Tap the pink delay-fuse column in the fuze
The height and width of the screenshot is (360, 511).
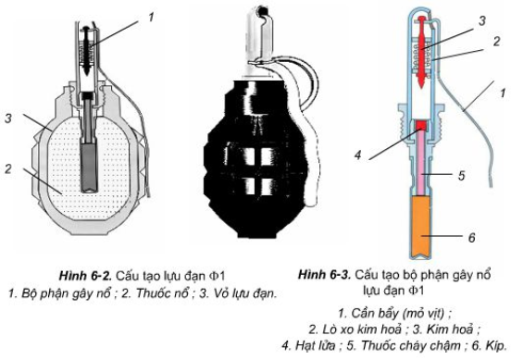(x=422, y=171)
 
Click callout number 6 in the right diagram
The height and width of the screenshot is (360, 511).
(x=470, y=238)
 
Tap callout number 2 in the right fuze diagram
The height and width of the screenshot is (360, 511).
(x=496, y=42)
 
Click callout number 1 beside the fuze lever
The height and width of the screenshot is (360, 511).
(x=501, y=93)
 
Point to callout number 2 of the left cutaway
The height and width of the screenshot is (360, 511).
(x=7, y=168)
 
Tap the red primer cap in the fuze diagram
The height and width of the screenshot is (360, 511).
(x=421, y=124)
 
